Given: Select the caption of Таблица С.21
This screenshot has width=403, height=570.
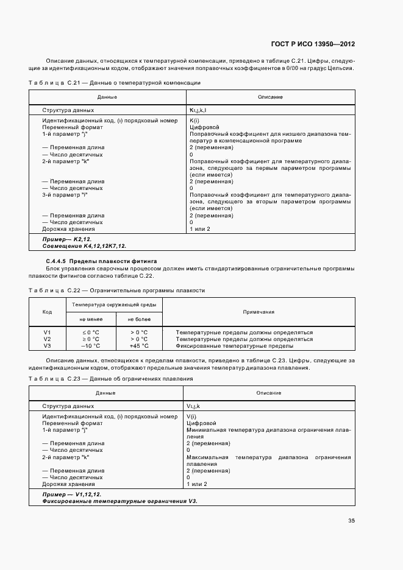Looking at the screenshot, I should pos(115,82).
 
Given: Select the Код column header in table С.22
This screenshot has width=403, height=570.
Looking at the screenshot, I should pos(47,312).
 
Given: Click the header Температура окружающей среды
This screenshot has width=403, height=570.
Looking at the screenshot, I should pos(114,304).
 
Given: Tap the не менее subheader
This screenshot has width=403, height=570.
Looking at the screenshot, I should pos(90,319).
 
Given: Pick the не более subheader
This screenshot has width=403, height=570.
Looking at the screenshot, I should pos(138,319).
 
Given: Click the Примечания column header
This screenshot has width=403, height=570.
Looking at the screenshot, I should pos(259,312).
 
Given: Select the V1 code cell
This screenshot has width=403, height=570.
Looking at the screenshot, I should pos(47,332).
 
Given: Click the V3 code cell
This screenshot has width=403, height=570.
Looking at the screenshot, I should pos(47,345).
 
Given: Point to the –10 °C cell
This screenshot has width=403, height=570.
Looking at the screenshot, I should pos(90,345).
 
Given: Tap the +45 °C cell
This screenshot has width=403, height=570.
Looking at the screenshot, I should pos(138,345).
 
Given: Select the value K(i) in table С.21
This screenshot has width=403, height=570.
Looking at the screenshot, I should pos(196,121).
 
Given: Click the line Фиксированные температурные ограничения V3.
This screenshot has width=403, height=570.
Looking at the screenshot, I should pos(120,501).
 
